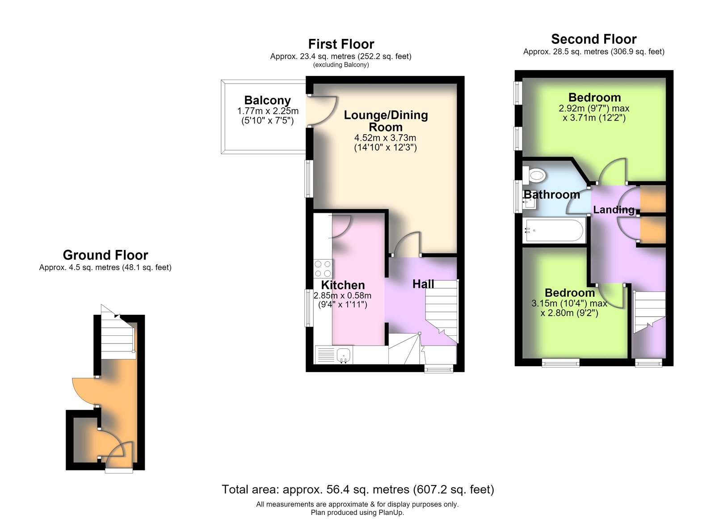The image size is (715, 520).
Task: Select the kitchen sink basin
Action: [344, 355]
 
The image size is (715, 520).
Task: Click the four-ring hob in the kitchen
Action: [323, 269]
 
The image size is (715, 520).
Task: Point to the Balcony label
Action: [268, 100]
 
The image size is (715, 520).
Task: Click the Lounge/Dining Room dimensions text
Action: [385, 143]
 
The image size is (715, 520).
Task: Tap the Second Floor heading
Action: [594, 39]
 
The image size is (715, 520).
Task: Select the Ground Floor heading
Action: [105, 255]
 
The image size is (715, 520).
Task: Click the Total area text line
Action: [357, 489]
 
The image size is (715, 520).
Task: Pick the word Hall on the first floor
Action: [423, 284]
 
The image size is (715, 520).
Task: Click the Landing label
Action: [614, 210]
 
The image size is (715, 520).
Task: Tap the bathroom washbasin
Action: [529, 203]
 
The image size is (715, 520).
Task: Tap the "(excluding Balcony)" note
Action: [341, 65]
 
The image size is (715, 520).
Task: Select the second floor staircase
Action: [649, 312]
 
